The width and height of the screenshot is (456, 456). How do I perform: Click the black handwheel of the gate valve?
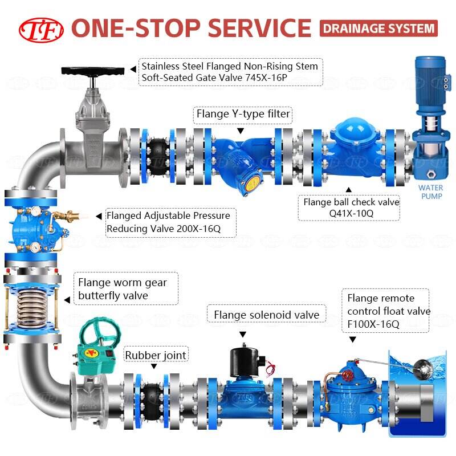click(92, 72)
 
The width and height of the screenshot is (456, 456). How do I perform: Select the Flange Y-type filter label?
click(243, 115)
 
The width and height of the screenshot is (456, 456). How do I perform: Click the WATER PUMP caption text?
click(430, 192)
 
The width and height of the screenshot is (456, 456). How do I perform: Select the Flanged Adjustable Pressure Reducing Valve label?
click(168, 222)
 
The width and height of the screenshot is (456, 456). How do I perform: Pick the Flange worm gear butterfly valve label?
click(123, 288)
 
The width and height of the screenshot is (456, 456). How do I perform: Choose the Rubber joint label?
click(156, 355)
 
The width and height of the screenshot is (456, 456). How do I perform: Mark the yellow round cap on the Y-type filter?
click(250, 184)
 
